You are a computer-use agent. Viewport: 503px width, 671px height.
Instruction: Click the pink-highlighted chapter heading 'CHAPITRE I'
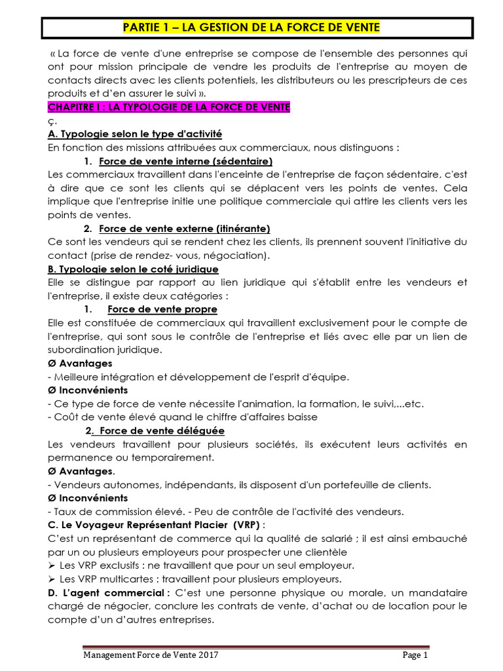[x=169, y=107]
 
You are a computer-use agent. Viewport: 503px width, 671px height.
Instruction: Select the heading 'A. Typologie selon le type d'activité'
[x=135, y=134]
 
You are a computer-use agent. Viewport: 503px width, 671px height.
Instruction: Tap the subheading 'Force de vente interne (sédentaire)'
[x=185, y=161]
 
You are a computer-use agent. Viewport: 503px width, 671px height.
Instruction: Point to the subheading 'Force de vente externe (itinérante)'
[x=185, y=228]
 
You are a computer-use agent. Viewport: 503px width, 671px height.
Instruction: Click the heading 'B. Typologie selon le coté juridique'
[x=134, y=269]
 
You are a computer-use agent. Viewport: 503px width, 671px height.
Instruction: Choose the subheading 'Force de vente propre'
[x=162, y=309]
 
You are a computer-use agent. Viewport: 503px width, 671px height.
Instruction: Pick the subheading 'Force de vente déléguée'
[x=162, y=431]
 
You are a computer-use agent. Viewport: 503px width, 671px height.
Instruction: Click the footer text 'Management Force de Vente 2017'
[x=151, y=655]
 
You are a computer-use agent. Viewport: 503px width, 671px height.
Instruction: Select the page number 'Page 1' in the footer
[x=415, y=655]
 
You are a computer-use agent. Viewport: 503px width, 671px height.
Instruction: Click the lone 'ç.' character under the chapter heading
[x=52, y=121]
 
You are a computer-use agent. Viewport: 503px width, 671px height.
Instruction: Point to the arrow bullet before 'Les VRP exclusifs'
[x=53, y=566]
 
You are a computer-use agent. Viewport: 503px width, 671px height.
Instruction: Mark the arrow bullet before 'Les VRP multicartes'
[x=53, y=579]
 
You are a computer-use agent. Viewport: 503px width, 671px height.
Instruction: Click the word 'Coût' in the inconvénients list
[x=66, y=417]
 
